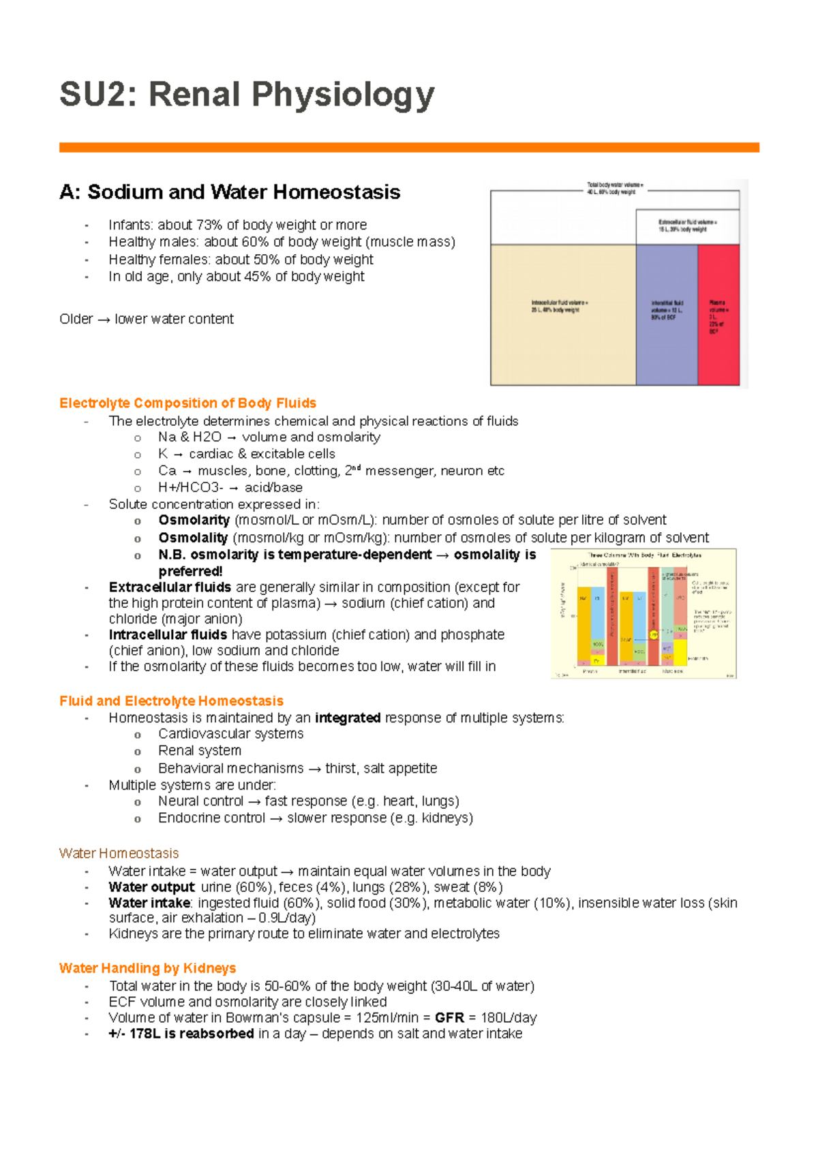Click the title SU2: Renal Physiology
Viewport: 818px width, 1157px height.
click(247, 95)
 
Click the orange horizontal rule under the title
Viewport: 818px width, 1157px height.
click(409, 147)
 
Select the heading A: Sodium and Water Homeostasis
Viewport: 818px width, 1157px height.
click(230, 192)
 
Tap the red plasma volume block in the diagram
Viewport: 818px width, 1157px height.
click(718, 315)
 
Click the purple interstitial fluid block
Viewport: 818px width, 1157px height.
click(666, 315)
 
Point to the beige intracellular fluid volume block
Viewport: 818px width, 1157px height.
click(563, 315)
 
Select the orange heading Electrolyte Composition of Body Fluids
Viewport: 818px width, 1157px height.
click(187, 403)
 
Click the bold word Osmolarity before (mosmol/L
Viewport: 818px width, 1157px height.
click(194, 521)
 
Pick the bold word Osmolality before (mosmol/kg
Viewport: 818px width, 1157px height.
click(193, 538)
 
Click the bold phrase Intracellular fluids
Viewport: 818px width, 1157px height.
click(168, 635)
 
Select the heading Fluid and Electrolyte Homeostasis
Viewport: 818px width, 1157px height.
click(171, 701)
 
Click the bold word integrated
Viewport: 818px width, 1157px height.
click(348, 718)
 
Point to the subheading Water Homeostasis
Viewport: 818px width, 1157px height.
click(119, 854)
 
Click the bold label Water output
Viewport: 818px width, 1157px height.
click(151, 887)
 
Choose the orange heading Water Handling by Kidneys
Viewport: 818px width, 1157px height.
click(147, 968)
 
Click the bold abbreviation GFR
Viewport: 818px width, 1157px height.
click(449, 1018)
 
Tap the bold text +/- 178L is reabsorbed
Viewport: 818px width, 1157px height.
click(181, 1034)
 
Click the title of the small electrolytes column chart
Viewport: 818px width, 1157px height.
click(644, 555)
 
